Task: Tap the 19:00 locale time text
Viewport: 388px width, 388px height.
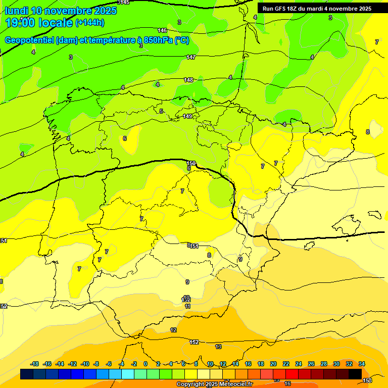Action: [38, 22]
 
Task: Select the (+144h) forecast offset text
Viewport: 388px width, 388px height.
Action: [90, 23]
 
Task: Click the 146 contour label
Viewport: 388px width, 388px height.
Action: [162, 31]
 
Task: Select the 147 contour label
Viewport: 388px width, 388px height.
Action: [190, 57]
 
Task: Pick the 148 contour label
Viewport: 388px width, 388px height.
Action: [188, 80]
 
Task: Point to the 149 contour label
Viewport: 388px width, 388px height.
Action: [187, 116]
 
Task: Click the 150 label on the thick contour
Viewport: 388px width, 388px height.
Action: [190, 163]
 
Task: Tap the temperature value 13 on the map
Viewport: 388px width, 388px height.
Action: [218, 347]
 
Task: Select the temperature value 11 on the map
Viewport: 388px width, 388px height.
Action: [187, 306]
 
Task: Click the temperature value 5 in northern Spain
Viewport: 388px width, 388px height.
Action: [161, 111]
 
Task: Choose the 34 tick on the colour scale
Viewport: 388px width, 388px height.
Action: [362, 364]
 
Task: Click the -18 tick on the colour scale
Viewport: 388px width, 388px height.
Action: [34, 364]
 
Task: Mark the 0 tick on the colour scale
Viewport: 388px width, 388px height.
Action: [145, 364]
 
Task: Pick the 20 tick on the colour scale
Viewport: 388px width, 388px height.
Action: [273, 364]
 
